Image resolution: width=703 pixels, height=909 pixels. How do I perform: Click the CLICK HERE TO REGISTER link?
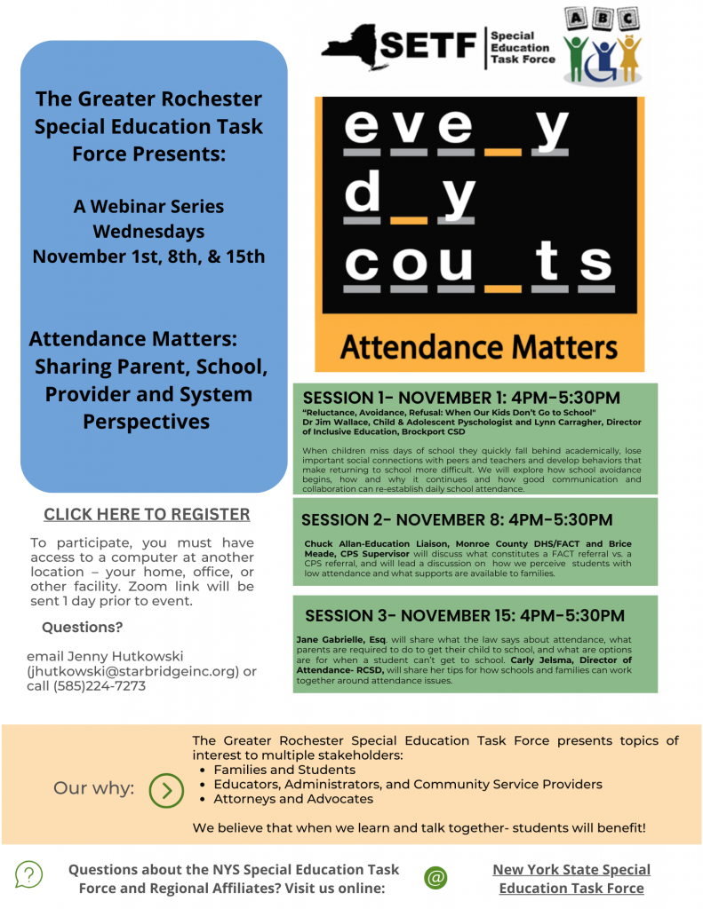tap(147, 515)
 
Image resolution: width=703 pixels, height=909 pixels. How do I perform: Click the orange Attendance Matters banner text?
tap(479, 344)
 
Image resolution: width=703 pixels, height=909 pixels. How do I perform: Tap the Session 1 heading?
tap(461, 398)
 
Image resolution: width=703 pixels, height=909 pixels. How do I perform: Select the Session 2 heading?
tap(457, 519)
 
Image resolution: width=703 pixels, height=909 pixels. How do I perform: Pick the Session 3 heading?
tap(465, 615)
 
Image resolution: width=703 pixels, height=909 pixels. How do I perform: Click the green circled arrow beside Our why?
tap(166, 788)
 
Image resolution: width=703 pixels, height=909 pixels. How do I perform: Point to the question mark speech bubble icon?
tap(28, 875)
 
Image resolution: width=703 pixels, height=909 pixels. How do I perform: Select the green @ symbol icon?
tap(435, 877)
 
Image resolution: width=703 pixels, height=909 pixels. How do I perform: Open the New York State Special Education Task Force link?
tap(571, 878)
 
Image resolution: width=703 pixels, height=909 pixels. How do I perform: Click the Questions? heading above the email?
tap(82, 628)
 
